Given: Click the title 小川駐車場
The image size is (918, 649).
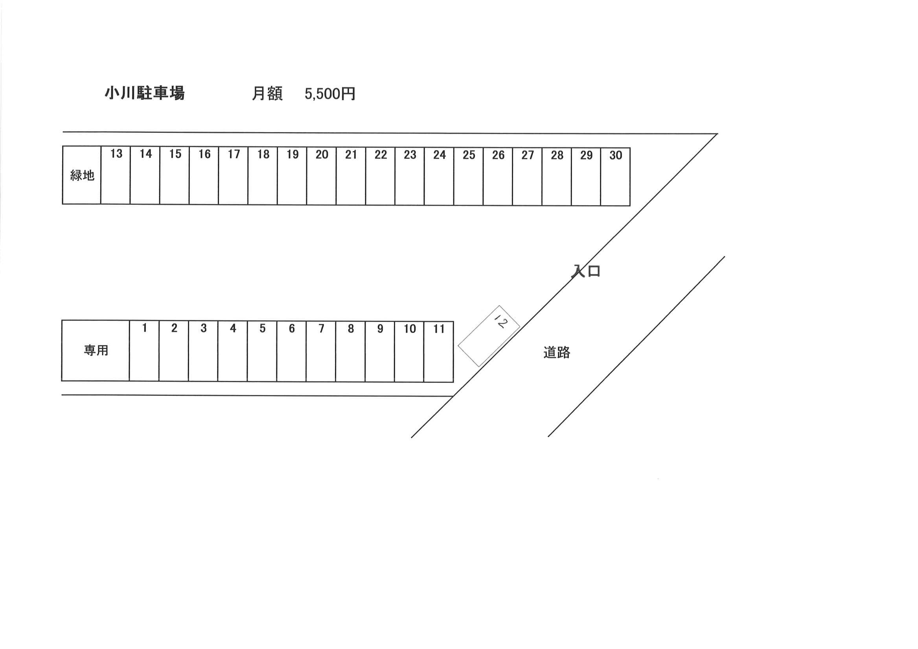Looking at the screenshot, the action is pos(145,93).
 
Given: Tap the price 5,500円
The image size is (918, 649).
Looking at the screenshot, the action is pos(330,94).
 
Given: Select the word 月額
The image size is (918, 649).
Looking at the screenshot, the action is pos(267,94).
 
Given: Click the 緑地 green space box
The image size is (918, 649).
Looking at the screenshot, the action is pos(81,175).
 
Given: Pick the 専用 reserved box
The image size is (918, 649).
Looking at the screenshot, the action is pos(96,350).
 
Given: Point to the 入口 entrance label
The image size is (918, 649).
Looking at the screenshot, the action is pos(586,271).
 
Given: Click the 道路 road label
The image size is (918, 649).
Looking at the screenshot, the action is pos(557,352).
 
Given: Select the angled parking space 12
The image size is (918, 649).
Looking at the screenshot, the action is pos(489,336).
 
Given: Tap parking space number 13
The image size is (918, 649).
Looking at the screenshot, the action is pos(116,176).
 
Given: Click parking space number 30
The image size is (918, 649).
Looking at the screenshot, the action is pos(615,177).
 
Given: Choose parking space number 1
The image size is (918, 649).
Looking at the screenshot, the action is pos(144,351).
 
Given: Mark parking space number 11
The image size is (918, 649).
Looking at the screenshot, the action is pos(439,351).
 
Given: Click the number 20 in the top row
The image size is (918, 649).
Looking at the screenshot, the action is pos(322,154).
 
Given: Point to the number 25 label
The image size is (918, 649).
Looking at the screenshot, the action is pos(469,155).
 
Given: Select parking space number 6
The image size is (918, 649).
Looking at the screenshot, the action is pos(291,351).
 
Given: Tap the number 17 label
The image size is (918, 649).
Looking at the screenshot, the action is pos(234,154).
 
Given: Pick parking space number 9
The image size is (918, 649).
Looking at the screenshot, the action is pos(380,351).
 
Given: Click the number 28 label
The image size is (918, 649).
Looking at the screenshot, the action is pos(557,155).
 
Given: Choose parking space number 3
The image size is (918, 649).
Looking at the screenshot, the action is pos(203,351).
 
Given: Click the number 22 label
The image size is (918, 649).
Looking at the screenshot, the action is pos(381,155).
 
